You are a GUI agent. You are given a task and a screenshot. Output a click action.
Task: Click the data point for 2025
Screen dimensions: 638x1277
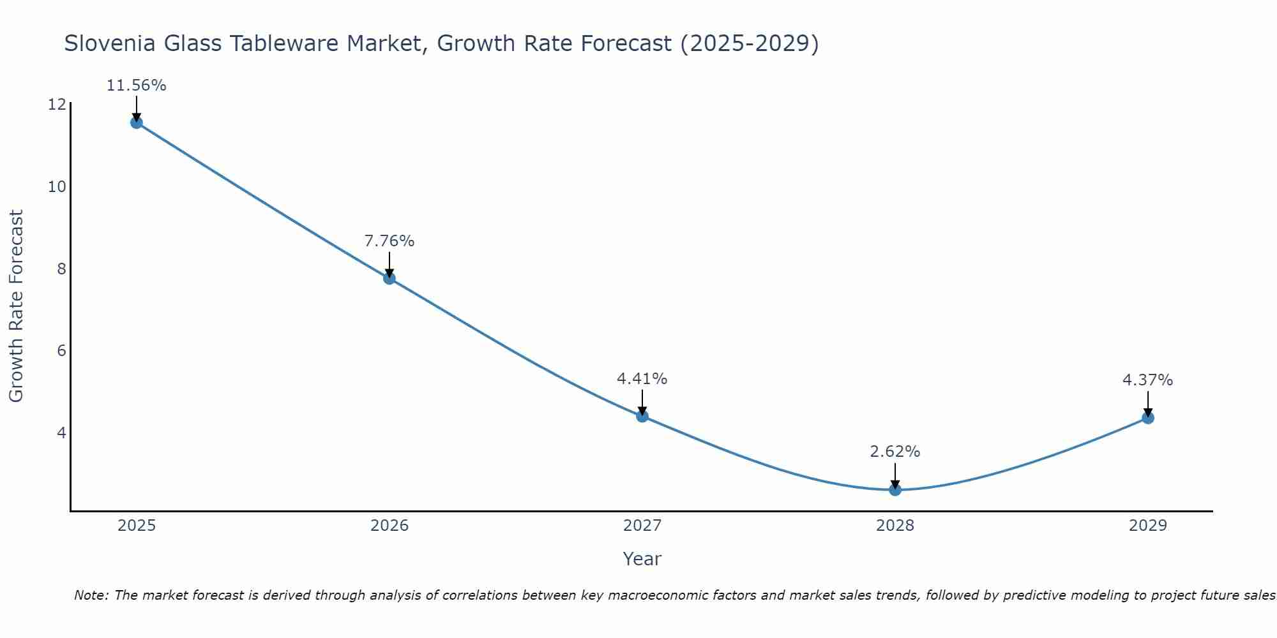(x=137, y=122)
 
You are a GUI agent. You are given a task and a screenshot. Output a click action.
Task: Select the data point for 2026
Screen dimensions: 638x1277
(x=389, y=278)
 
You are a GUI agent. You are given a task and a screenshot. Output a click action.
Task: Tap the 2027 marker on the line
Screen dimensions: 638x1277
(x=642, y=416)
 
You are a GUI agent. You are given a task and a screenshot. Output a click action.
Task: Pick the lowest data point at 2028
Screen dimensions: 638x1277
(x=895, y=489)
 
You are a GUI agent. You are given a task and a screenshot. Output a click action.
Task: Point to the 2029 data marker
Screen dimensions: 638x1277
(x=1148, y=418)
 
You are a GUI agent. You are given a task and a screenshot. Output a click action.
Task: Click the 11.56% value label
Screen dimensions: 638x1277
(x=137, y=85)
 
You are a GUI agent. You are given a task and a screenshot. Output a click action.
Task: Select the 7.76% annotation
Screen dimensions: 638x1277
(x=389, y=241)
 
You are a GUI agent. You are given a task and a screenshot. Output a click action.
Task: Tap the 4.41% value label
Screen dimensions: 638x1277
(x=642, y=379)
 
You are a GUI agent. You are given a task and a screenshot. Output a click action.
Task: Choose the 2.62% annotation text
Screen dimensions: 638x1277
(x=895, y=452)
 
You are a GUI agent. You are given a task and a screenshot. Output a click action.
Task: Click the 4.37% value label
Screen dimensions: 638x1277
(x=1148, y=380)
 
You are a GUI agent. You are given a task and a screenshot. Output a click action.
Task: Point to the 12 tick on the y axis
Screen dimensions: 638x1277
(x=57, y=105)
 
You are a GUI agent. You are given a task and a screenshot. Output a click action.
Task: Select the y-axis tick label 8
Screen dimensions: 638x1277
(x=61, y=269)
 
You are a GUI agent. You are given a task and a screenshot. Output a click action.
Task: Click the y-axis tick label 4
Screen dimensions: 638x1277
(x=61, y=433)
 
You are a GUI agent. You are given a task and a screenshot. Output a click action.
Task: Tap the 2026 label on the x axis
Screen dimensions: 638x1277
(x=389, y=526)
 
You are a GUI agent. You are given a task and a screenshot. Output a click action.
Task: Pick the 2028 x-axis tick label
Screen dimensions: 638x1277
(x=895, y=526)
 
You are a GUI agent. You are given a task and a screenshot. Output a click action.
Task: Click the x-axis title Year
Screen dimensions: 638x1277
(x=642, y=559)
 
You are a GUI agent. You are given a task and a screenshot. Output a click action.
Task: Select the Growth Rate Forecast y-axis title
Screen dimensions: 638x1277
(x=17, y=306)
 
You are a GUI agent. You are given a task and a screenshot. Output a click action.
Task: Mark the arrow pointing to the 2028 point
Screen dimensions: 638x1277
(x=895, y=476)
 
